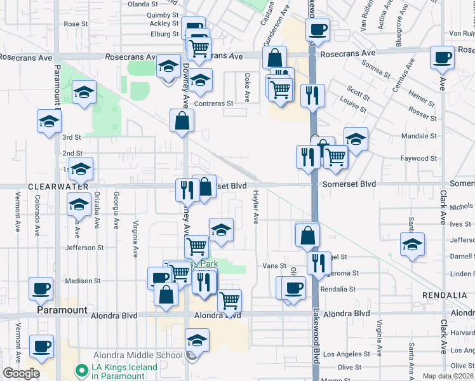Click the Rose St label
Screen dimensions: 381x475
pyautogui.click(x=75, y=23)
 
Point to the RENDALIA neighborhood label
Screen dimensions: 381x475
pyautogui.click(x=443, y=297)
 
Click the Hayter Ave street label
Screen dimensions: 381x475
pyautogui.click(x=256, y=207)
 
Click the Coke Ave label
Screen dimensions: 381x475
pyautogui.click(x=247, y=88)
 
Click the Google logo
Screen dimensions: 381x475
pyautogui.click(x=20, y=373)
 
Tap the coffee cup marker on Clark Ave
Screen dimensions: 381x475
pyautogui.click(x=441, y=58)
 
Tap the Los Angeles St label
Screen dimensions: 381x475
pyautogui.click(x=346, y=354)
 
